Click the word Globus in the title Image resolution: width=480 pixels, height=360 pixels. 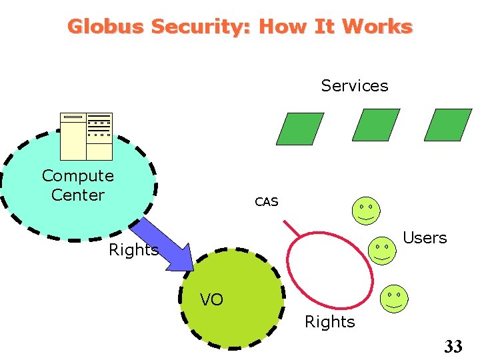106,27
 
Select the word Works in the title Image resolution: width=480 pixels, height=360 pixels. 377,27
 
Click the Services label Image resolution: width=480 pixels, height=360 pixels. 354,85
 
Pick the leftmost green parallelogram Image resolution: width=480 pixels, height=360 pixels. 300,129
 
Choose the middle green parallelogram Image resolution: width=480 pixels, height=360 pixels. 375,125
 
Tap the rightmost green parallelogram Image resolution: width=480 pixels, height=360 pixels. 447,125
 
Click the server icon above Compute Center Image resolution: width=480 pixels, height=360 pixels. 86,136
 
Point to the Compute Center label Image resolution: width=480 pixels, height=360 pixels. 78,185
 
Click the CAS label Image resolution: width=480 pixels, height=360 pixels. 266,202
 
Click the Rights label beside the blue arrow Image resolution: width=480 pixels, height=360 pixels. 133,250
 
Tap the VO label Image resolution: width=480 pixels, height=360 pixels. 211,300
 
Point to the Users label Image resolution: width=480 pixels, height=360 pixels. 425,238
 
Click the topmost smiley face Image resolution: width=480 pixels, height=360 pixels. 365,211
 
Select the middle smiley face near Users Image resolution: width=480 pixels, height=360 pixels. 382,251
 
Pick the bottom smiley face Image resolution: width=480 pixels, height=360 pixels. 393,299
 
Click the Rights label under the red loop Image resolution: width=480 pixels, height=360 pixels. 329,322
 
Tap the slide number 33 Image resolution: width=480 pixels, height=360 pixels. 453,346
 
